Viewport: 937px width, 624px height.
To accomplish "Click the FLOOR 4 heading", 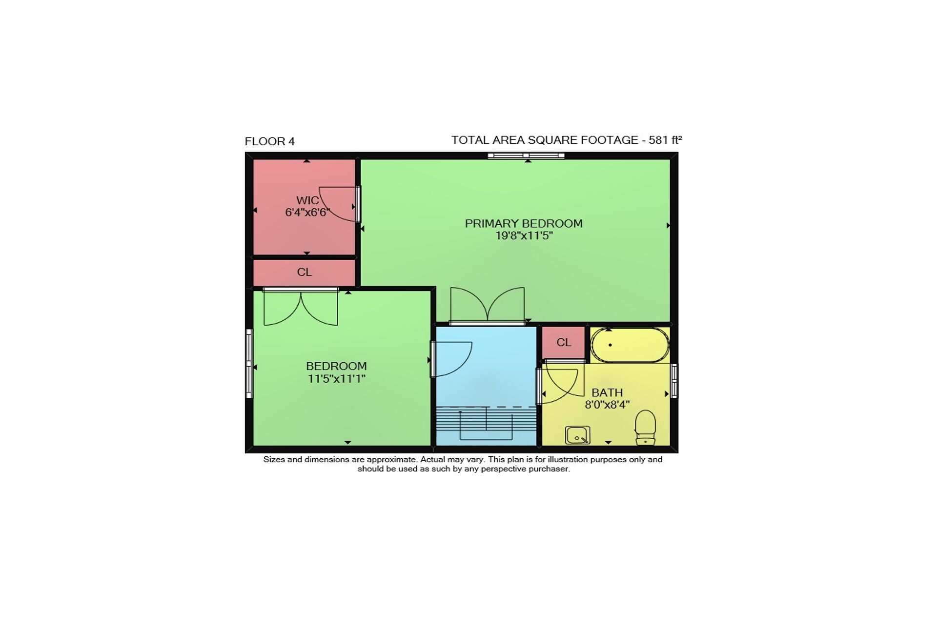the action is [269, 141].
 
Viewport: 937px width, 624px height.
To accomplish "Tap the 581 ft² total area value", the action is [665, 140].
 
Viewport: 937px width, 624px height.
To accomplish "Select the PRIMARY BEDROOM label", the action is [524, 223].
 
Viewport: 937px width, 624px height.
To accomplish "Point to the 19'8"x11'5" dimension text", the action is [524, 236].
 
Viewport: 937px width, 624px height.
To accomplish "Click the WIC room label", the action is [307, 200].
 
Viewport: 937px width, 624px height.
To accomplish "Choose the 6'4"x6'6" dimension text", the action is [307, 213].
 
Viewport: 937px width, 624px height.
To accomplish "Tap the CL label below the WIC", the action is [304, 272].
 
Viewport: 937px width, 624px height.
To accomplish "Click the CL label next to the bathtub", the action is [564, 343].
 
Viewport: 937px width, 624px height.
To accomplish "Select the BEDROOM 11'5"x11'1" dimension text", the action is [336, 379].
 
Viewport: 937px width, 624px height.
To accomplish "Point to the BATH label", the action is [607, 392].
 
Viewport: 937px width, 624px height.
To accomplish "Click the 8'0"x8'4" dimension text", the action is [607, 405].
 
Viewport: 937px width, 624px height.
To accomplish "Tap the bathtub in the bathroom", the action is [630, 345].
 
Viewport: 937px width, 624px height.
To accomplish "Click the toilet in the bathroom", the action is [645, 428].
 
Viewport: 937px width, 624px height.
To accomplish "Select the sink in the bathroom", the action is [578, 435].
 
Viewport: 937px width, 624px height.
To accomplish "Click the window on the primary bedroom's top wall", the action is [526, 156].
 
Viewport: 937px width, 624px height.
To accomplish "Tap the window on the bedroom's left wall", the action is [249, 363].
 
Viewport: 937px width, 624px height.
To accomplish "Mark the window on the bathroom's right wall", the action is [674, 381].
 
